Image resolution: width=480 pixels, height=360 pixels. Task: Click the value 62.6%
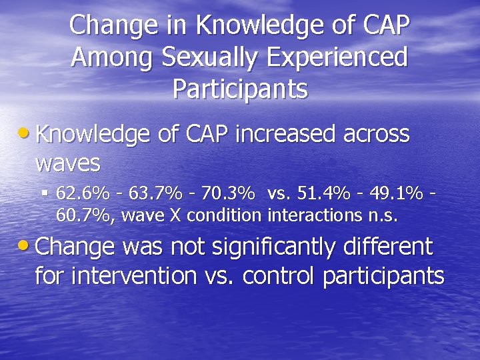83,193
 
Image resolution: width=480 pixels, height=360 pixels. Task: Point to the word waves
67,163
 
